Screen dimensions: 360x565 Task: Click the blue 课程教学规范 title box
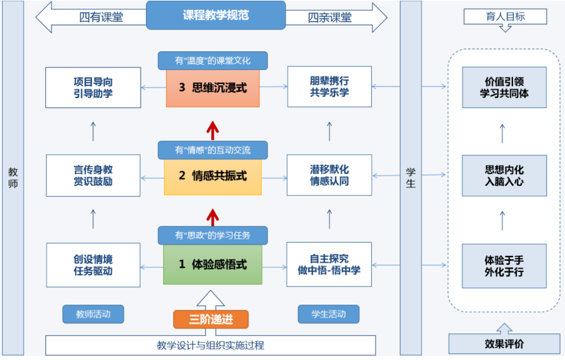click(x=215, y=15)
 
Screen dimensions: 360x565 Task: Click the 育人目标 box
click(x=504, y=16)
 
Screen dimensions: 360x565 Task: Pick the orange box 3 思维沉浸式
click(x=212, y=87)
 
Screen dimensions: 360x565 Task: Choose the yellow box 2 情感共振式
click(x=212, y=176)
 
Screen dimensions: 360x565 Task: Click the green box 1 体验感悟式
click(x=212, y=265)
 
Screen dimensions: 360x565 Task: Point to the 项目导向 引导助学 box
click(x=93, y=87)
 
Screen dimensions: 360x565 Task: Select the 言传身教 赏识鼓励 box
click(x=93, y=175)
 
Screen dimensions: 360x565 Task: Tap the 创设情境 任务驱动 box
click(x=93, y=265)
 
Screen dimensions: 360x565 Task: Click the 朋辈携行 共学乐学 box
click(x=329, y=87)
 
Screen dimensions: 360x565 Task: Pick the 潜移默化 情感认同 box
click(x=329, y=175)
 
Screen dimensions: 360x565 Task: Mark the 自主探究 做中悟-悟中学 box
click(x=329, y=265)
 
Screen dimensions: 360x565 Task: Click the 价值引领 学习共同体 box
click(x=504, y=87)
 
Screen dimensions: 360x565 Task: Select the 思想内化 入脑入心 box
click(x=504, y=175)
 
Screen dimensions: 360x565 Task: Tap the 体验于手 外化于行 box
click(x=504, y=265)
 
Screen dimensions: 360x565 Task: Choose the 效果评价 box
click(x=504, y=344)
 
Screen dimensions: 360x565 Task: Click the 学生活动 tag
click(x=328, y=314)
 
